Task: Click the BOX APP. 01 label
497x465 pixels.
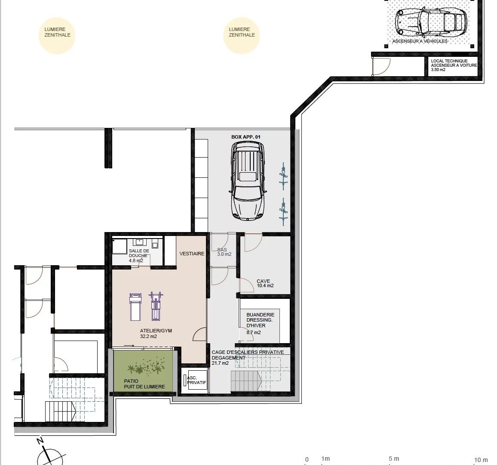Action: tap(245, 137)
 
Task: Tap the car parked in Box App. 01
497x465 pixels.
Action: tap(248, 180)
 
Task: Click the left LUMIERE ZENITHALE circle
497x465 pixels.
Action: tap(57, 36)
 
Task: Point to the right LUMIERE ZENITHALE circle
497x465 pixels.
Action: tap(242, 36)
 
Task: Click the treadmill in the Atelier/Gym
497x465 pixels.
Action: tap(135, 307)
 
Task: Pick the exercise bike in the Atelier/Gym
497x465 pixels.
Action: tap(156, 306)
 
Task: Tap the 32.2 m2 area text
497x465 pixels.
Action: tap(148, 336)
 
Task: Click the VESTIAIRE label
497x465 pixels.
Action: tap(192, 254)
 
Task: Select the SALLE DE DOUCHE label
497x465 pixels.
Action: tap(139, 253)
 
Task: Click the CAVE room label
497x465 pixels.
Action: tap(264, 281)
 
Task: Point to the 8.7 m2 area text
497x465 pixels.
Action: tap(254, 333)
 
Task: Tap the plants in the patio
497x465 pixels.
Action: tap(146, 366)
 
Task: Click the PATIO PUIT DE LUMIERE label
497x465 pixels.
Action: tap(144, 384)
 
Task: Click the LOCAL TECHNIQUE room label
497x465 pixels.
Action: tap(449, 61)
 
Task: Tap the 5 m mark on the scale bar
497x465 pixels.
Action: tap(394, 459)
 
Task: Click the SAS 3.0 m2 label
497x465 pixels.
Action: tap(224, 252)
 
